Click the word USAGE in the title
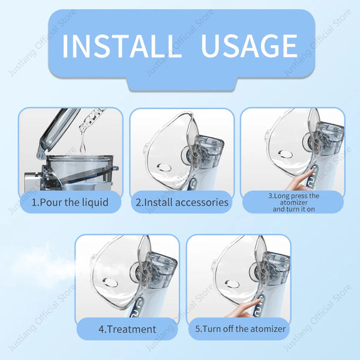coord(249,46)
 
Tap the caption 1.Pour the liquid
coord(70,202)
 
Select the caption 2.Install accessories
coord(182,202)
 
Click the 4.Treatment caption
coord(127,329)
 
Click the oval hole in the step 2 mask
coord(161,167)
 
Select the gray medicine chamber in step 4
coord(160,262)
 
